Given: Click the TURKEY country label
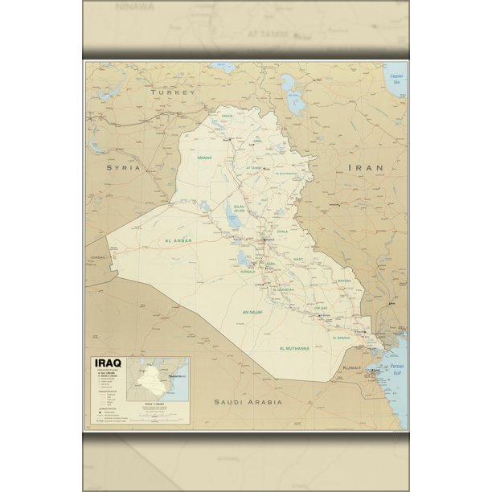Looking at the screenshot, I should (x=173, y=92).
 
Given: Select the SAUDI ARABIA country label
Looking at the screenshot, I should (x=248, y=401).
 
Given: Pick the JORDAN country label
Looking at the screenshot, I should (x=97, y=257).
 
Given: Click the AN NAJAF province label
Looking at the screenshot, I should (x=254, y=310).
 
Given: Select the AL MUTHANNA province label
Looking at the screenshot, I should (x=294, y=348).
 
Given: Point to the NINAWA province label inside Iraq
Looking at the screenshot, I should (x=204, y=158).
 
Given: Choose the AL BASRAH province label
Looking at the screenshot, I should (x=340, y=338).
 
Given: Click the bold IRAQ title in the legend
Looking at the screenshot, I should (x=109, y=363).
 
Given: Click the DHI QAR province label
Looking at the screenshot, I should (x=321, y=307).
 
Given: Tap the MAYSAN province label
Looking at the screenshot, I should (x=344, y=281).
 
